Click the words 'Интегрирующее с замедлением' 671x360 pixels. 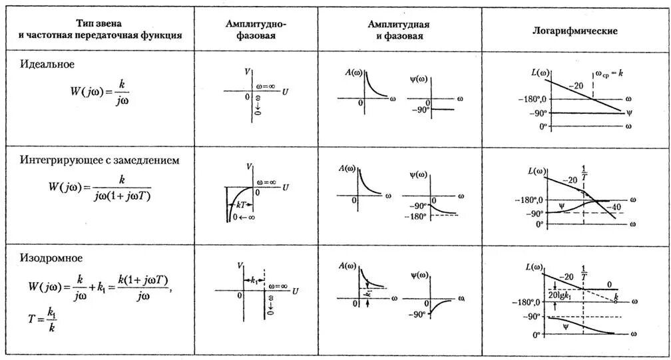(x=99, y=160)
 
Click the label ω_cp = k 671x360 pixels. (x=608, y=75)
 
